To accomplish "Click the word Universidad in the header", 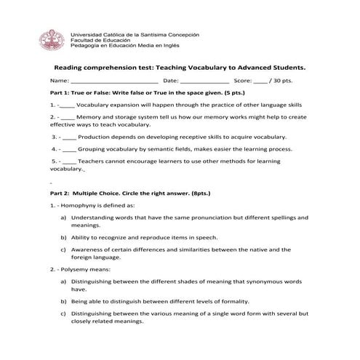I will (86, 34).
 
